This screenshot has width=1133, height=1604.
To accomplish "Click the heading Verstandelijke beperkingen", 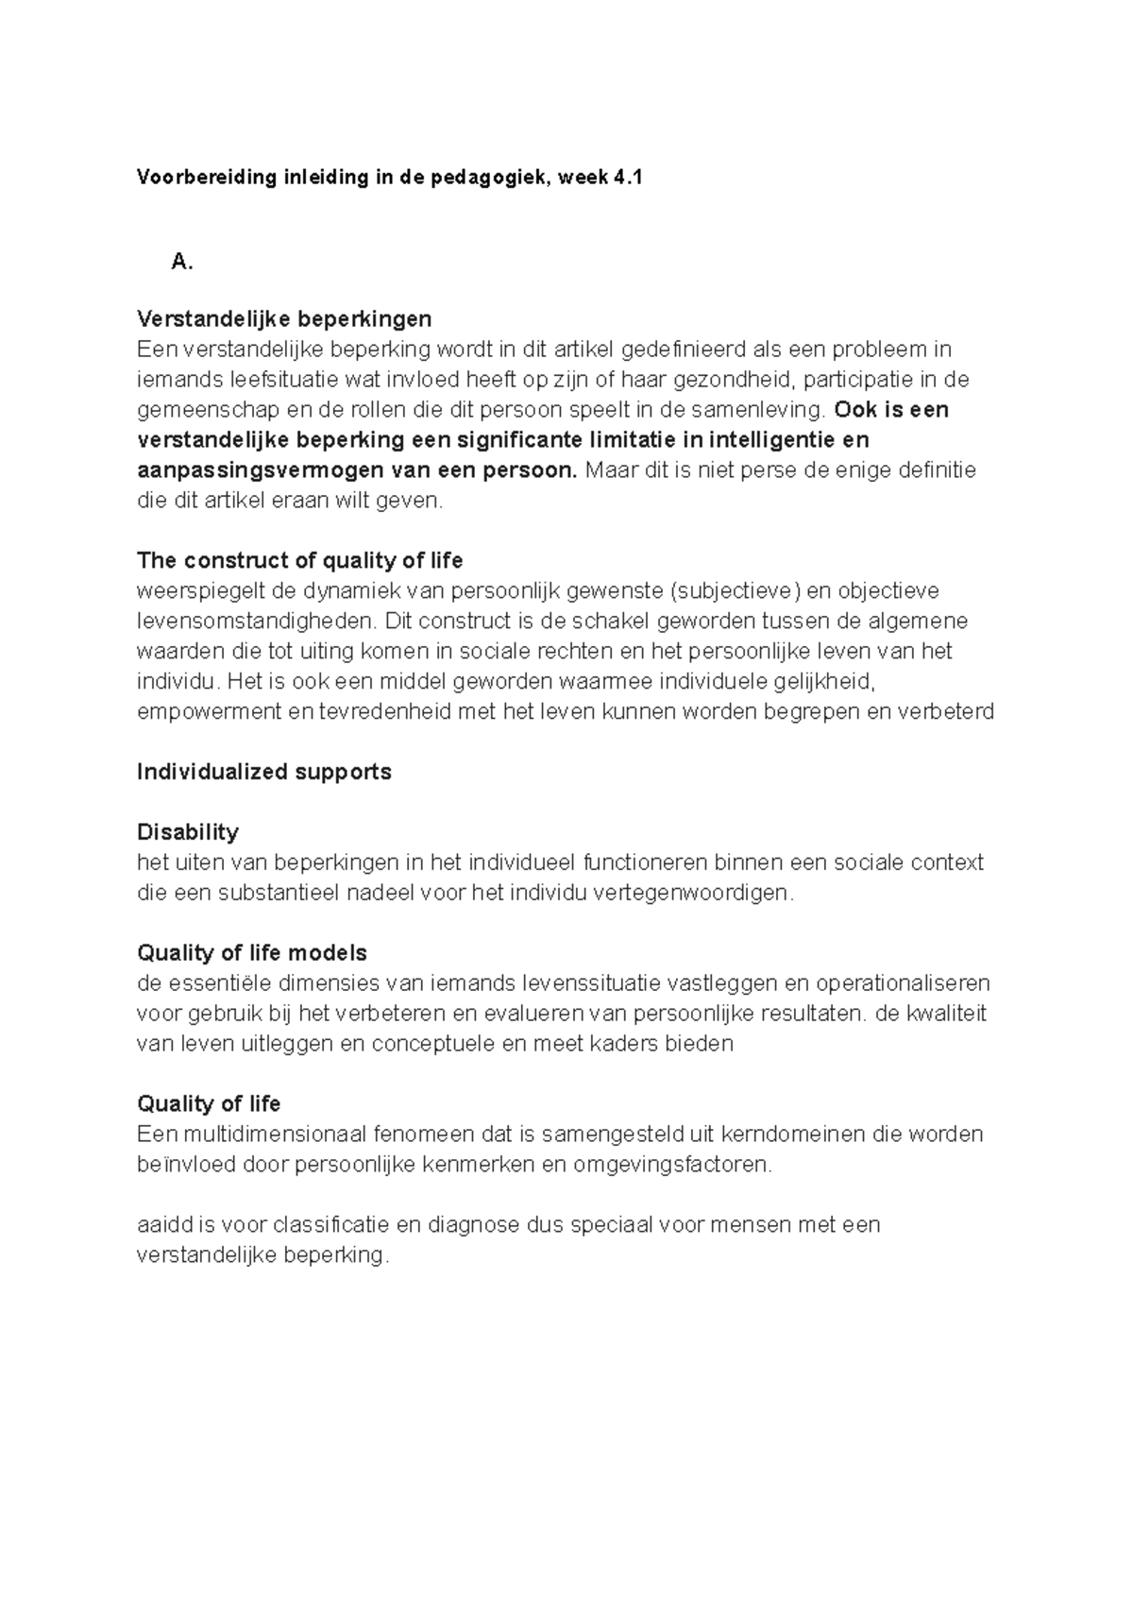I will (x=284, y=318).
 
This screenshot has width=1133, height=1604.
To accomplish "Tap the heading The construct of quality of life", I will (x=299, y=560).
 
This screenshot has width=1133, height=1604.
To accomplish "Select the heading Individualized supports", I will (x=263, y=772).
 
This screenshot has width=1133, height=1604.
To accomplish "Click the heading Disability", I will (x=187, y=832).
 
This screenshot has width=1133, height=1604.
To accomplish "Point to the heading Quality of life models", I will (x=251, y=953).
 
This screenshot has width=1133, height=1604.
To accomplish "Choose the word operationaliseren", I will (x=903, y=983).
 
